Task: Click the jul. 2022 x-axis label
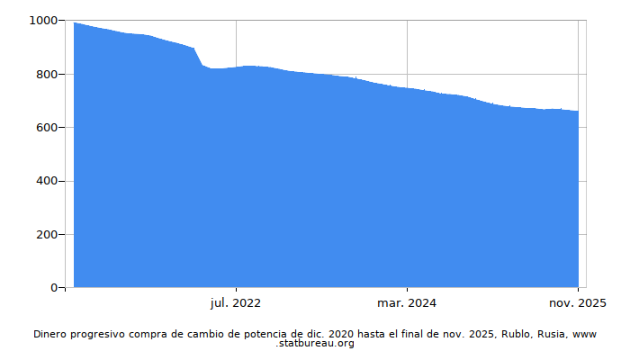(236, 303)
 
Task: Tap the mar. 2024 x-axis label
(407, 303)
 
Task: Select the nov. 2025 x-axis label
(577, 303)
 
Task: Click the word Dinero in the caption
(52, 334)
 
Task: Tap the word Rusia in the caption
(552, 334)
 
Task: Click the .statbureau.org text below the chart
(315, 344)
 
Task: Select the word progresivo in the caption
(105, 334)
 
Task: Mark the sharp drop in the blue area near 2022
(198, 57)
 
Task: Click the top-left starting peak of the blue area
(75, 23)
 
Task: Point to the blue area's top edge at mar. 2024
(407, 88)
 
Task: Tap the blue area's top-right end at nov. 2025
(578, 112)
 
